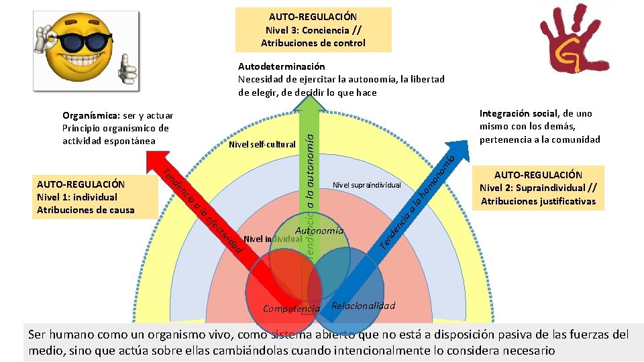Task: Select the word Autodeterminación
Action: (282, 66)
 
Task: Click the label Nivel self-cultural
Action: (262, 144)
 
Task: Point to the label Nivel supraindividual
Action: (366, 184)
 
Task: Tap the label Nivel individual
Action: (268, 239)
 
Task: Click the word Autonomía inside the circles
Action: (320, 231)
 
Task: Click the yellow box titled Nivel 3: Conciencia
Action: (313, 29)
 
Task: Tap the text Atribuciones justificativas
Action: (538, 201)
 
